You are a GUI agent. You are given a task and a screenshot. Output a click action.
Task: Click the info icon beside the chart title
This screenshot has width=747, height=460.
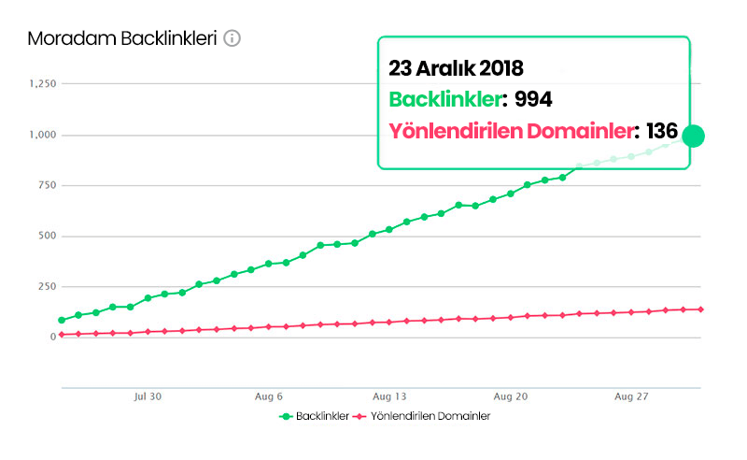pos(233,38)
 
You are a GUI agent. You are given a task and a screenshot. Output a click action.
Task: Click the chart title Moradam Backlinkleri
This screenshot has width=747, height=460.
pos(122,38)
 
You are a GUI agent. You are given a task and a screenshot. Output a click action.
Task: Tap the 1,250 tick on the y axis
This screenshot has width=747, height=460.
pos(43,84)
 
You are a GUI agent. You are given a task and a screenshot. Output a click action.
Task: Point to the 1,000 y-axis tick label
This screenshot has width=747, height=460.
pos(43,135)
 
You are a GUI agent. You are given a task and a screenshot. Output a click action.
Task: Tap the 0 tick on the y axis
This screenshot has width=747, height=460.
pos(54,337)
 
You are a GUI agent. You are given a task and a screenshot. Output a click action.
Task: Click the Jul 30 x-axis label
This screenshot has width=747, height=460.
pos(148,396)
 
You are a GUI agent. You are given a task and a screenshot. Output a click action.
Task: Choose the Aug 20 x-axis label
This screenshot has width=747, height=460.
pos(512,396)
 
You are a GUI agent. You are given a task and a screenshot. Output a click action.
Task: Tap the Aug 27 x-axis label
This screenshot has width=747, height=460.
pos(632,396)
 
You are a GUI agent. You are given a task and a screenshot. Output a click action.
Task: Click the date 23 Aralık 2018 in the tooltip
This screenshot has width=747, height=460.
pos(456,68)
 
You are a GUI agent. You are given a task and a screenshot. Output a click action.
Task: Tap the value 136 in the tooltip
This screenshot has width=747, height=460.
pos(661,131)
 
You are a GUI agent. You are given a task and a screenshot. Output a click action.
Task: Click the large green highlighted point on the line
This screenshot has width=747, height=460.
pos(693,136)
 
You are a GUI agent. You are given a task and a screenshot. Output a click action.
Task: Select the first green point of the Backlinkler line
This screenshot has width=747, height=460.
pos(62,320)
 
